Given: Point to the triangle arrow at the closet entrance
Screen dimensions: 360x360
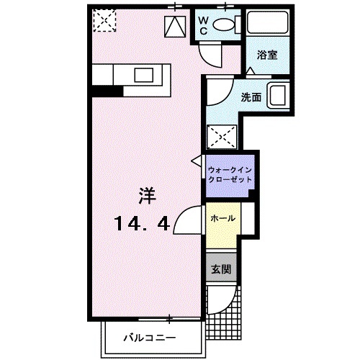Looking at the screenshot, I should [x=197, y=163].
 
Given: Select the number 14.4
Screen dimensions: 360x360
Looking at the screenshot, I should [x=142, y=224].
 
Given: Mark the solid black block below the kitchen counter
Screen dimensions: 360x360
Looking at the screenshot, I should [x=107, y=91].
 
